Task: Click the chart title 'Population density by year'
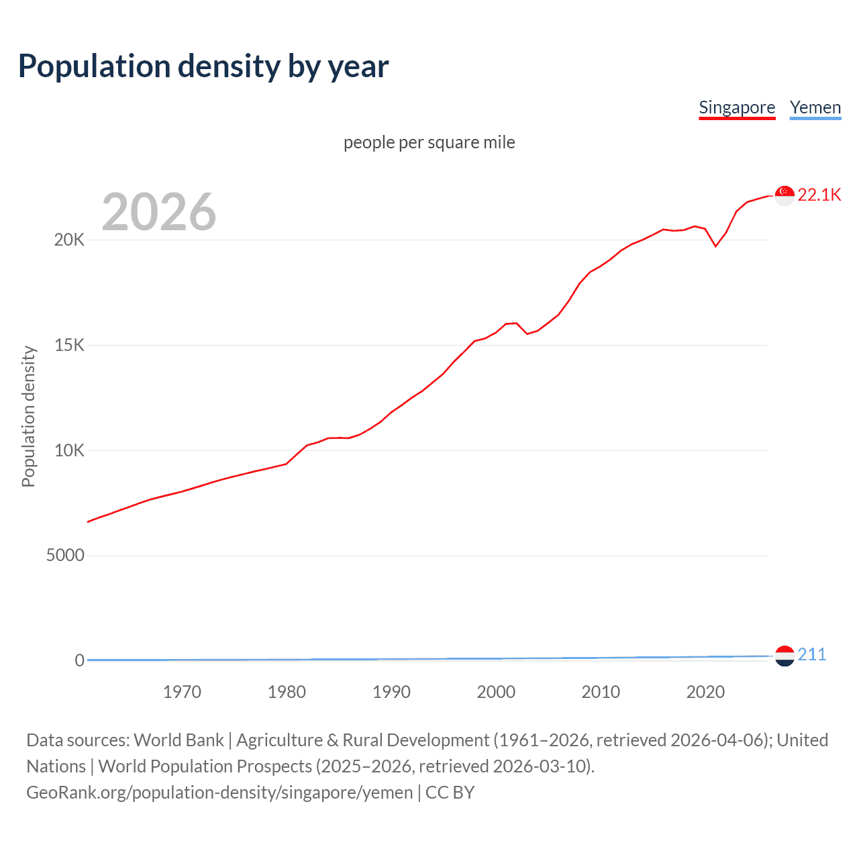[203, 66]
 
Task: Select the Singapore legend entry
[737, 107]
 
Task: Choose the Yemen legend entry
[815, 107]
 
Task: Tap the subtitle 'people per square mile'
[429, 142]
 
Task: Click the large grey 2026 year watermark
[159, 212]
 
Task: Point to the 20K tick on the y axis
[69, 240]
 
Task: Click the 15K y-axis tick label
[69, 346]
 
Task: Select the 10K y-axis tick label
[69, 450]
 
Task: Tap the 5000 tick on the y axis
[65, 556]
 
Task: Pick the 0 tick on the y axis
[79, 660]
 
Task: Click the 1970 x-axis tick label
[182, 692]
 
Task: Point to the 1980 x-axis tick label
[287, 692]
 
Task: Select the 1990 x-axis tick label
[391, 692]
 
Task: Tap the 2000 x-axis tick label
[496, 692]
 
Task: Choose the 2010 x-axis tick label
[601, 692]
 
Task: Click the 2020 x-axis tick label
[705, 692]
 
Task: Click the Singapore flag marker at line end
[785, 195]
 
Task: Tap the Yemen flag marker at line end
[785, 656]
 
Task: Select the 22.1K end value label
[819, 195]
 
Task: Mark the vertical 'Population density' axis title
[28, 416]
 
